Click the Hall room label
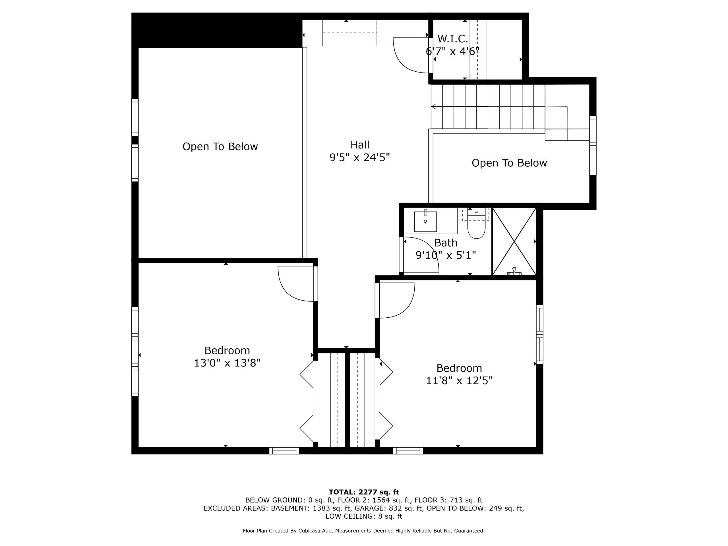360,145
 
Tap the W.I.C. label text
452,39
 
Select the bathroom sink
425,221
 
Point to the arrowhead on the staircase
434,107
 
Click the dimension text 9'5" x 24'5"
360,158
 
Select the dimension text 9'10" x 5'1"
446,255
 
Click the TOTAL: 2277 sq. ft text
364,492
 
